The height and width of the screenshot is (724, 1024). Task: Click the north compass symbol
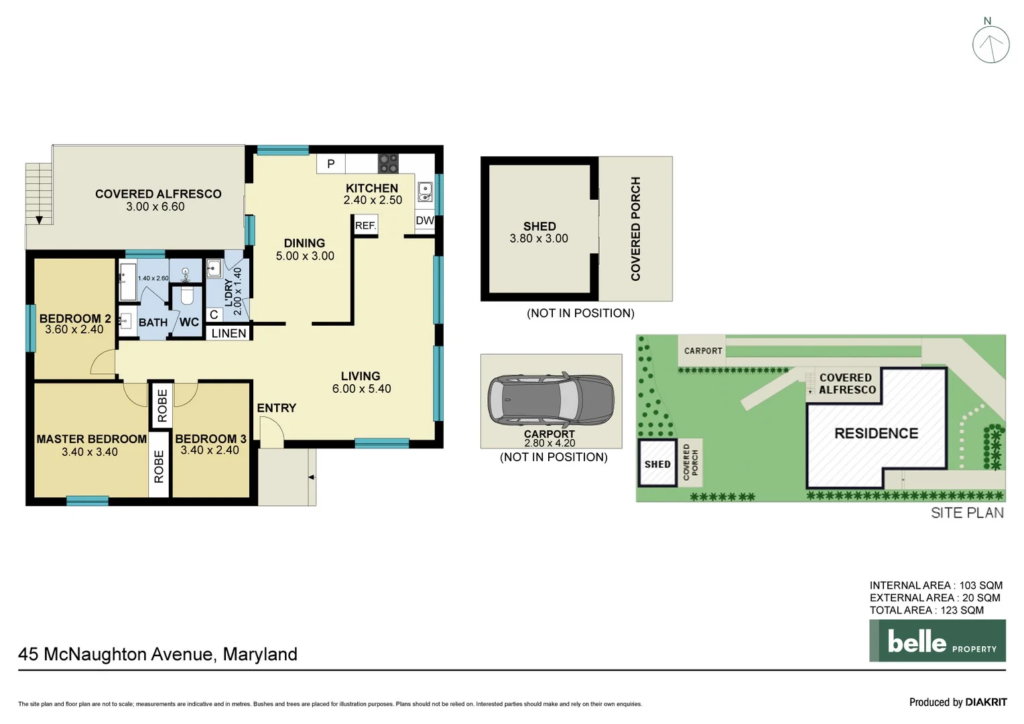point(990,44)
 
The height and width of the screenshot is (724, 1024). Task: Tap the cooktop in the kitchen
point(388,163)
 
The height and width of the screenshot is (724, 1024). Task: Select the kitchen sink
point(425,192)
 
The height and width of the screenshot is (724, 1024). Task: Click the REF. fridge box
point(365,225)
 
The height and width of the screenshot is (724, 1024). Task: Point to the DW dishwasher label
point(424,221)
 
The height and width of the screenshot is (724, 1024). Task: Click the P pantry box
point(331,164)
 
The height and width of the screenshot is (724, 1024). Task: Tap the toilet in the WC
point(187,295)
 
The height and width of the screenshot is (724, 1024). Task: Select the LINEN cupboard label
point(229,333)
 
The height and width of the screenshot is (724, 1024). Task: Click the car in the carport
point(550,400)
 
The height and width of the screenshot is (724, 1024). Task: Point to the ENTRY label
point(276,408)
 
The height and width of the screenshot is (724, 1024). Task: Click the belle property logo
point(937,641)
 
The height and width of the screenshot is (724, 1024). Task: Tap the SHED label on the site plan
point(657,464)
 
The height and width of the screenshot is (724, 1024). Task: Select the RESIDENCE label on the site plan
point(876,433)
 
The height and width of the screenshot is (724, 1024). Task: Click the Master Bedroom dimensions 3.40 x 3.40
point(90,452)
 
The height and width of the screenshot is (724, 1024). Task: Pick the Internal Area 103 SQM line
point(936,585)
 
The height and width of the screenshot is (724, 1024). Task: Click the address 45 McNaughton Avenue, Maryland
point(158,654)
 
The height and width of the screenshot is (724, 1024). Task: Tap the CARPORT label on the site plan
point(703,351)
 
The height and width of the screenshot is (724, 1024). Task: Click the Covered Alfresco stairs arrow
point(39,220)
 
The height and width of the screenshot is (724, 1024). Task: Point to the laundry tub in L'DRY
point(214,269)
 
